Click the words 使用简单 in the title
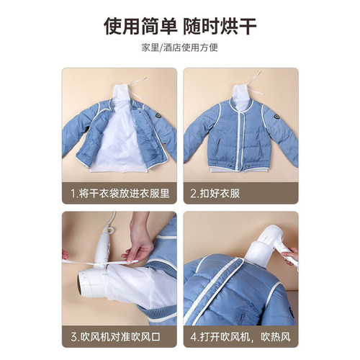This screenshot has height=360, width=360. coord(137,27)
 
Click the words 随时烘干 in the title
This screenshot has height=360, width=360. coord(223,27)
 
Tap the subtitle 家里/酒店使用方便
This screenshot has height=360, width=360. coord(180,48)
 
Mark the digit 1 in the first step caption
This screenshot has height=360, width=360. coord(73,194)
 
